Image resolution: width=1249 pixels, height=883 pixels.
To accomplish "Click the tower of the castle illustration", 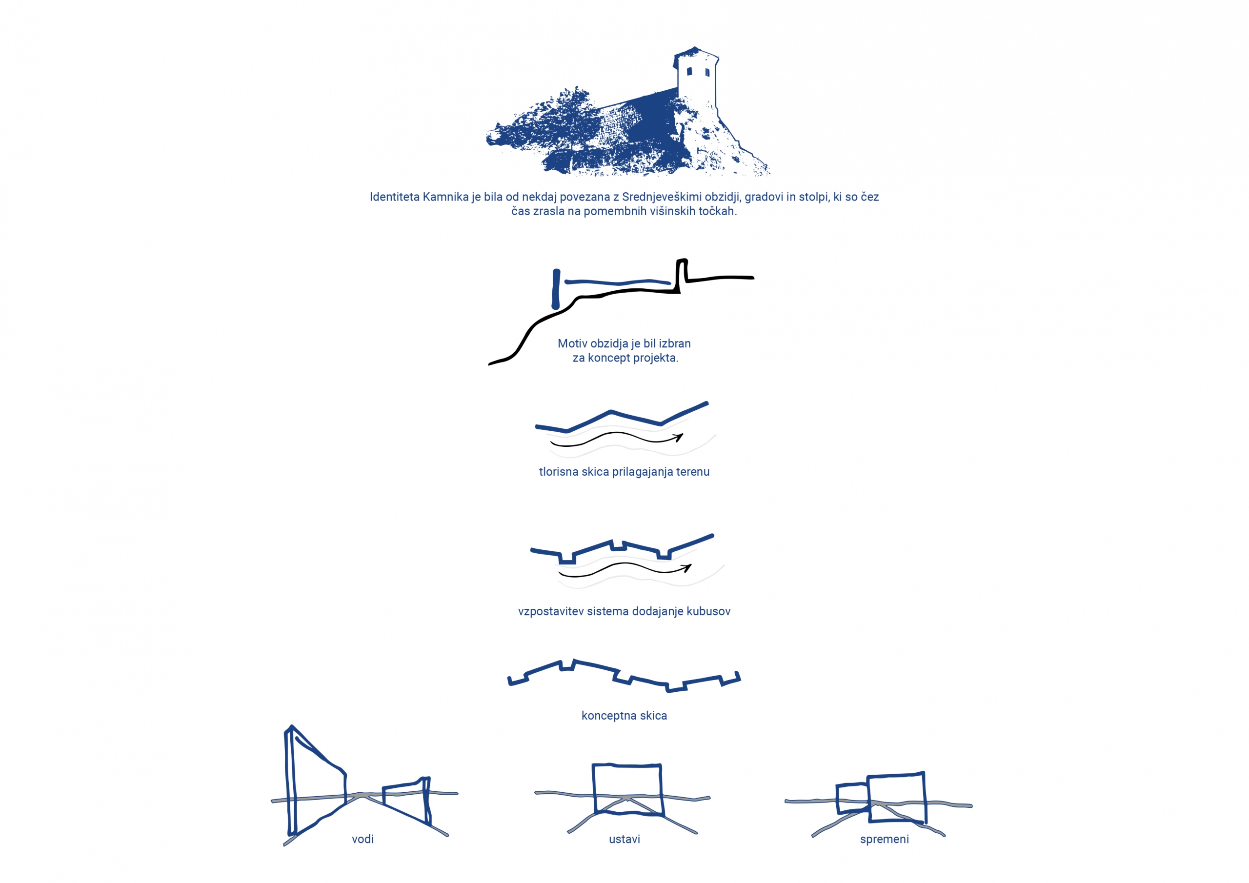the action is (696, 79).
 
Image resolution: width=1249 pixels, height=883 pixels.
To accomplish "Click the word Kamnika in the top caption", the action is (445, 197).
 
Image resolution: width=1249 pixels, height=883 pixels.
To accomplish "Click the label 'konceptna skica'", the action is (624, 716).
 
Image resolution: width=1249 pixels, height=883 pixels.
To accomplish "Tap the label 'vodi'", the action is (363, 839).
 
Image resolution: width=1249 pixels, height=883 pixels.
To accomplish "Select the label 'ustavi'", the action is (624, 839).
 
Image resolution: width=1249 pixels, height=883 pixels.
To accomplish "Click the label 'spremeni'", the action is (885, 839).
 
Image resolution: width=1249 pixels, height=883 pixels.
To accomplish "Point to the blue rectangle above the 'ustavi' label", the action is (594, 789).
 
